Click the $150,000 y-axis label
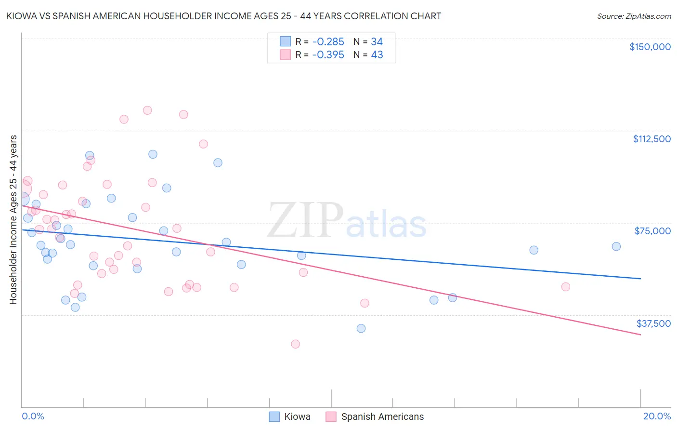click(x=650, y=47)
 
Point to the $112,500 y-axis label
click(x=651, y=139)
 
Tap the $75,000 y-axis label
click(x=652, y=231)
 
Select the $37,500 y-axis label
click(x=653, y=323)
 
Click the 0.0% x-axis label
click(x=33, y=416)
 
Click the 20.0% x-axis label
click(x=657, y=416)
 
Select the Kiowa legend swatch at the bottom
click(x=274, y=417)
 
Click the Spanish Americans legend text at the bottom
click(x=382, y=417)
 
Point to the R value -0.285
click(x=328, y=42)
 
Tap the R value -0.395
click(x=328, y=55)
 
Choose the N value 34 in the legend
click(x=377, y=42)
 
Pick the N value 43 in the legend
click(x=377, y=55)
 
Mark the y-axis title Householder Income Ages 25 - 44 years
click(x=13, y=220)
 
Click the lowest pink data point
click(x=296, y=344)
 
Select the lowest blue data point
click(x=361, y=328)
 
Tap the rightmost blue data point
click(x=616, y=246)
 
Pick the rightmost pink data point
click(x=566, y=287)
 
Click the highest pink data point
click(x=147, y=110)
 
